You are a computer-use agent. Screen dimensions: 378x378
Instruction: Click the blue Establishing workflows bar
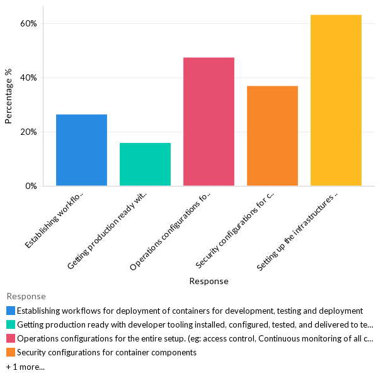click(x=81, y=150)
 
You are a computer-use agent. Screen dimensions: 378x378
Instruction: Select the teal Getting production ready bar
click(x=145, y=164)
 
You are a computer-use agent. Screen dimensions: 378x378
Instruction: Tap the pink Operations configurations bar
click(x=209, y=122)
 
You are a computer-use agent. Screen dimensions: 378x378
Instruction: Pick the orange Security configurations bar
click(x=272, y=135)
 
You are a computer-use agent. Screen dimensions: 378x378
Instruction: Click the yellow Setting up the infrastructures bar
click(x=336, y=100)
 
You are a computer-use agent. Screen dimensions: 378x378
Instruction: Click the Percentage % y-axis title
click(x=9, y=96)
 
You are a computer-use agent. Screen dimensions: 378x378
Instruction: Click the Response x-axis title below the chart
click(x=209, y=281)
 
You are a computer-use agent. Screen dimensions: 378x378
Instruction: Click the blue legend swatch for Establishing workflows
click(x=11, y=311)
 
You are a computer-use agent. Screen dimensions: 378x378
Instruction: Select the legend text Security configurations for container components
click(x=106, y=352)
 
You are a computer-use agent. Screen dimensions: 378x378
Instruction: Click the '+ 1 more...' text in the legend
click(x=25, y=367)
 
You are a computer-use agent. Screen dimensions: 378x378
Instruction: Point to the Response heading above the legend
click(x=26, y=296)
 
